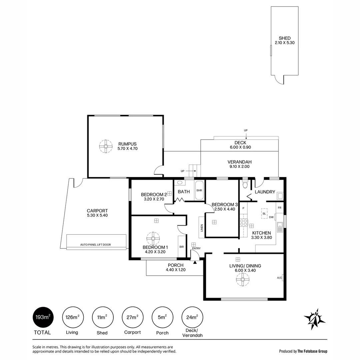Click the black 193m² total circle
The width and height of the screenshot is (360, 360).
(x=43, y=317)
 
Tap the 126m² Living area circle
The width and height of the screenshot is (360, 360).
(x=72, y=317)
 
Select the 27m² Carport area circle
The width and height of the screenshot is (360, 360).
(x=132, y=317)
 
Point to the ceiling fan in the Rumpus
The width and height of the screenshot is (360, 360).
(x=106, y=146)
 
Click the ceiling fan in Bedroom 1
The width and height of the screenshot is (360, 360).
(x=153, y=238)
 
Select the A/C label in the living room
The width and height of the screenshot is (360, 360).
(x=279, y=278)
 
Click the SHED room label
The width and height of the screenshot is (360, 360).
(x=285, y=38)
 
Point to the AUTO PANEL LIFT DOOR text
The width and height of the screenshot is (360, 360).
(x=95, y=245)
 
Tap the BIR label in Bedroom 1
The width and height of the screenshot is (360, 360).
(x=181, y=247)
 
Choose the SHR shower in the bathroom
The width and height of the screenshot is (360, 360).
(x=199, y=190)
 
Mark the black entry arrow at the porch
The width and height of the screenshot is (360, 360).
(x=195, y=262)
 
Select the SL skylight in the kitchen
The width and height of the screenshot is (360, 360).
(x=264, y=213)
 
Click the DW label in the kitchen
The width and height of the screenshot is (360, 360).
(x=271, y=217)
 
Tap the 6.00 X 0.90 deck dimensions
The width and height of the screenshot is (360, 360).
(x=240, y=147)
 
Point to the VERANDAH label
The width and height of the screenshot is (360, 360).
(x=239, y=162)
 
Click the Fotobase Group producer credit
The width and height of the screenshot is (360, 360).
(x=303, y=351)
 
